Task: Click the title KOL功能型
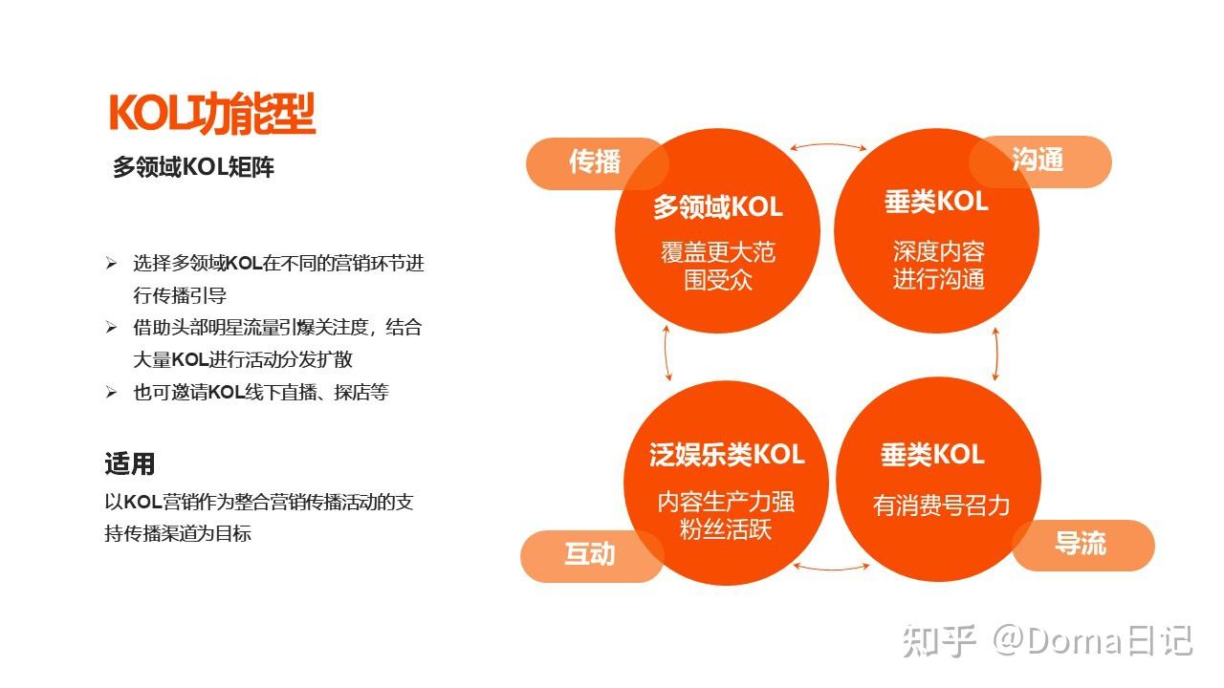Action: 212,113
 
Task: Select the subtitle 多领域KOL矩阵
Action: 193,167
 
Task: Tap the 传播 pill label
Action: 595,162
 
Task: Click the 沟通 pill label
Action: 1038,161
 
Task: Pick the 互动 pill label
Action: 590,555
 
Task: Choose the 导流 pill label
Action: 1081,545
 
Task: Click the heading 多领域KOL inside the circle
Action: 717,206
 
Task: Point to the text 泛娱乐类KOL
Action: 727,455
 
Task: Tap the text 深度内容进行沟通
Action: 939,266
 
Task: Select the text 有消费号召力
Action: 941,505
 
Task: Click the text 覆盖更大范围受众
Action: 718,266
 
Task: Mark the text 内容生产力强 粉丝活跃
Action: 725,516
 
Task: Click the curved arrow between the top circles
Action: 828,146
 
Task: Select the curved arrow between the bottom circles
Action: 832,568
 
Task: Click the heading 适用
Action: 129,465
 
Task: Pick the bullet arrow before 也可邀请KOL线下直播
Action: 111,393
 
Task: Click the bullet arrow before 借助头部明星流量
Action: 111,328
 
